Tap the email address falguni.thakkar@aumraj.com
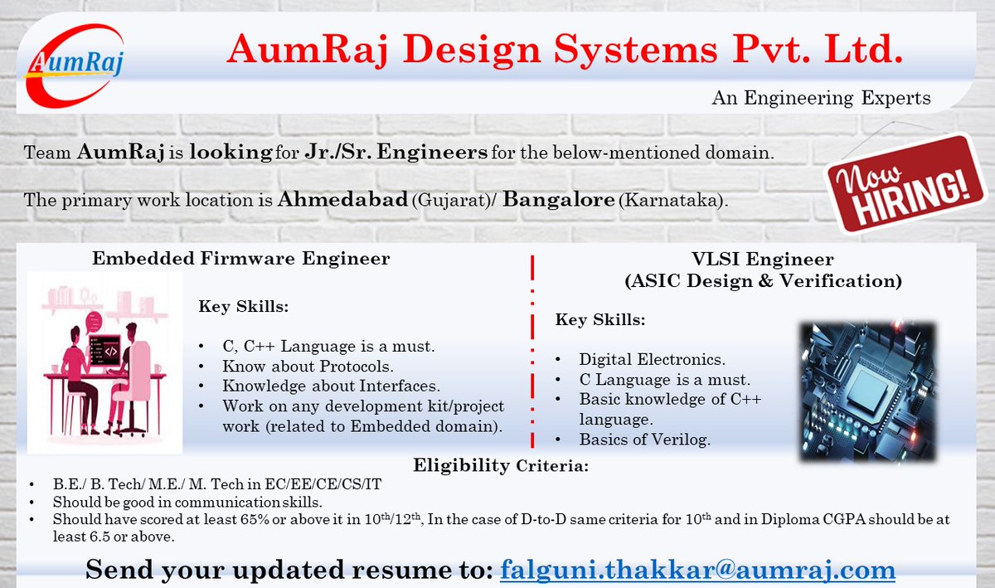[697, 571]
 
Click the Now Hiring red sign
[901, 183]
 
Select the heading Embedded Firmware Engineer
[241, 259]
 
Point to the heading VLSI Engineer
[762, 260]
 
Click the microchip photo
[867, 391]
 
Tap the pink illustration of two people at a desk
[104, 362]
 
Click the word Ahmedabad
[343, 200]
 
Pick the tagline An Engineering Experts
[821, 99]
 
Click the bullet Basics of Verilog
[644, 440]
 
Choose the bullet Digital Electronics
[652, 360]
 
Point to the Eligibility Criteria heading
[501, 465]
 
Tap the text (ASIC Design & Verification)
[762, 281]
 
